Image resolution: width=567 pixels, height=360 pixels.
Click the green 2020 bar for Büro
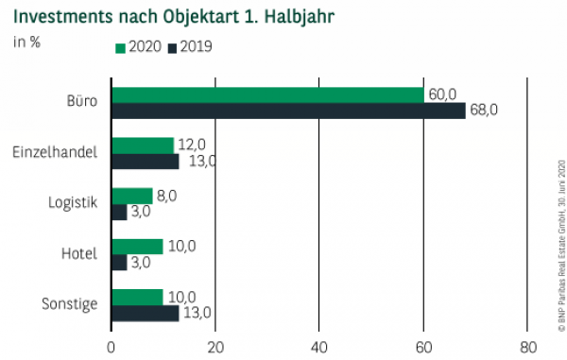pos(267,94)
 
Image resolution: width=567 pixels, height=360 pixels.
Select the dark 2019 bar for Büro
pos(288,111)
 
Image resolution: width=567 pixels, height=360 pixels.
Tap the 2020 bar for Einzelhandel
pos(143,146)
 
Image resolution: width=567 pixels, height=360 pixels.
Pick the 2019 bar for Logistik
pos(119,213)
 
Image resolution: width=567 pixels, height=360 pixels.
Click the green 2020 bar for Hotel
pos(137,247)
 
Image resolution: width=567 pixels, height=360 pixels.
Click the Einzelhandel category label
pos(56,151)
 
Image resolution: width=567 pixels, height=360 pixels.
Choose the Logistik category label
pos(73,202)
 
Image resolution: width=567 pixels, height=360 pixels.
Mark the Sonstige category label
pos(70,304)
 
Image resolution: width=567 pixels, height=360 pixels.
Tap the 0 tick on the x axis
pos(112,345)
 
